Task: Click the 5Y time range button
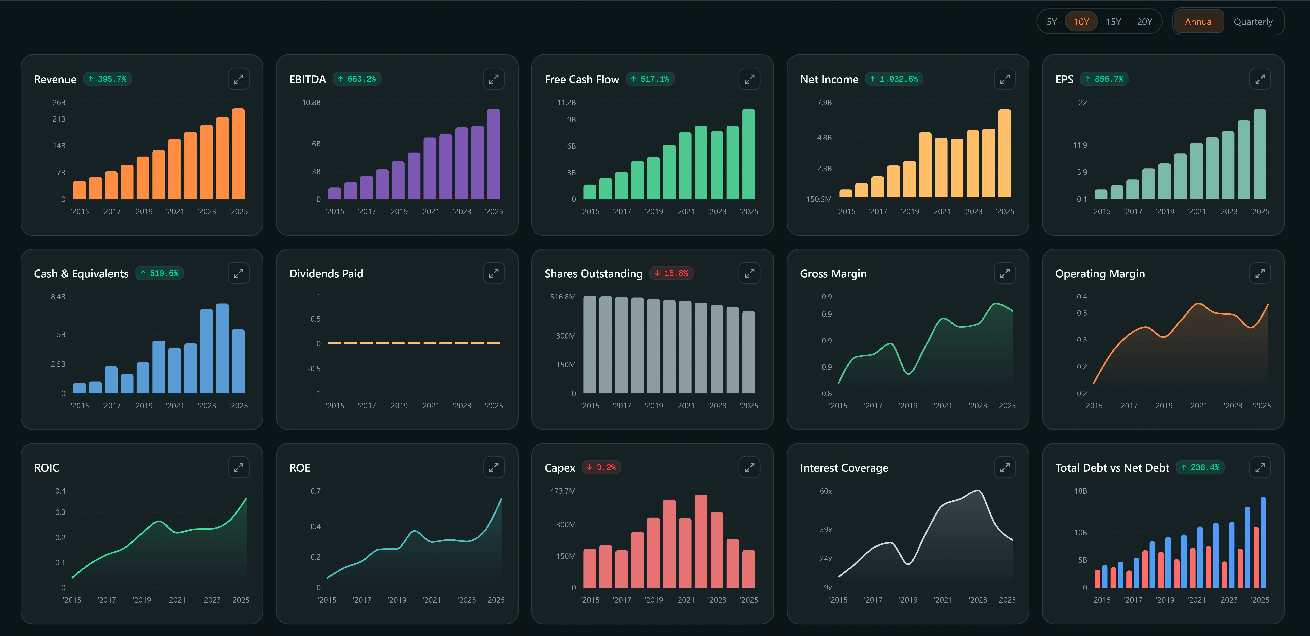[1052, 22]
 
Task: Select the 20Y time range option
[1144, 22]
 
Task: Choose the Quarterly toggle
[1253, 22]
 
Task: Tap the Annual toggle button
[1199, 22]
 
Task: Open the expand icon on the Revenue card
[238, 79]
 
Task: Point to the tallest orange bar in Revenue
[238, 154]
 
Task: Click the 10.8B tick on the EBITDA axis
[311, 103]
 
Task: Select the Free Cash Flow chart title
[582, 79]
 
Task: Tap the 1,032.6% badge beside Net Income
[894, 79]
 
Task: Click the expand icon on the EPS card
[1260, 79]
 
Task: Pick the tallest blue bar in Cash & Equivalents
[222, 348]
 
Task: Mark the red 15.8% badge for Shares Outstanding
[671, 273]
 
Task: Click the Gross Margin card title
[833, 274]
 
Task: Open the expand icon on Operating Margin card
[1260, 274]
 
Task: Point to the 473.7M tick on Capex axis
[562, 491]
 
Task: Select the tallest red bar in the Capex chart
[701, 541]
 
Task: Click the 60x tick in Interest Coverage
[826, 491]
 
